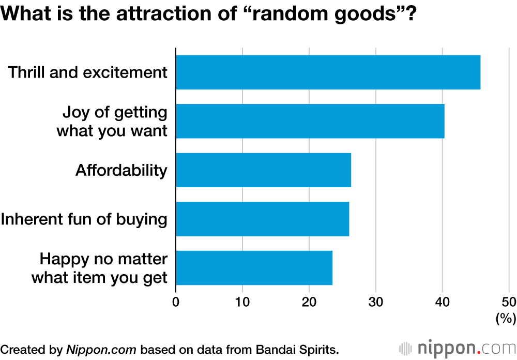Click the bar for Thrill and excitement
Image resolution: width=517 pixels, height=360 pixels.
pos(328,72)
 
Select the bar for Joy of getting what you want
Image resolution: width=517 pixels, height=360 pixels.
pos(310,121)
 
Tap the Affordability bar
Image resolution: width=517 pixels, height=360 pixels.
pos(263,170)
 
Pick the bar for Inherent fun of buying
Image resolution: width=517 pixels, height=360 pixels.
pos(262,219)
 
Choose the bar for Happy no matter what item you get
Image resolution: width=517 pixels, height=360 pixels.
pos(254,268)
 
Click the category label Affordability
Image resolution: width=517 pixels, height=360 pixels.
pos(121,170)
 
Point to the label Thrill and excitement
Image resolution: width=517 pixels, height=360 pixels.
pos(87,72)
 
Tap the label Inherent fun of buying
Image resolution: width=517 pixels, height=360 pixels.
pos(84,219)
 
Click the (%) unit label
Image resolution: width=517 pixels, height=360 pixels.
pos(505,319)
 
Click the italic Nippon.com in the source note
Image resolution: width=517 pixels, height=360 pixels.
pos(101,349)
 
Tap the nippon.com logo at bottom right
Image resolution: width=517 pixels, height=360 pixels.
pos(457,348)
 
